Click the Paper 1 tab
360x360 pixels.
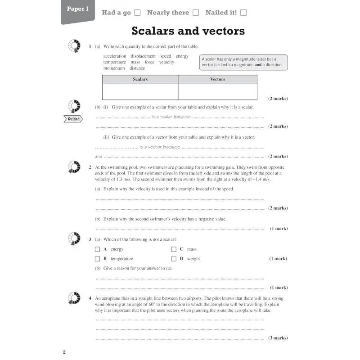(78, 9)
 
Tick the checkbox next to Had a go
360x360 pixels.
(138, 13)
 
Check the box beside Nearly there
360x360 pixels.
(196, 13)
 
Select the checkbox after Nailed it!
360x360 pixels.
(243, 13)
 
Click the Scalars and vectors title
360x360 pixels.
(188, 31)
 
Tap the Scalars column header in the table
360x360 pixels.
(140, 79)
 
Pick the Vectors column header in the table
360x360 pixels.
(218, 79)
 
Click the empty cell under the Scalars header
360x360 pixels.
(140, 91)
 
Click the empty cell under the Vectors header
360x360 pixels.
(218, 91)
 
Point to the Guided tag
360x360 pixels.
(74, 119)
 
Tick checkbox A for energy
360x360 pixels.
(97, 249)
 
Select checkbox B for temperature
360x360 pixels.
(97, 259)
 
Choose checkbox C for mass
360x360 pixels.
(174, 249)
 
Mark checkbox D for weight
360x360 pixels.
(174, 259)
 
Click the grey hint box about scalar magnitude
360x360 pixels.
(243, 62)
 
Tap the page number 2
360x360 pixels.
(64, 352)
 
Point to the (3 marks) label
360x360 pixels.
(278, 338)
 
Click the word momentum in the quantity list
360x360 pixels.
(114, 68)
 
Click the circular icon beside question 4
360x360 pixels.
(73, 298)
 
